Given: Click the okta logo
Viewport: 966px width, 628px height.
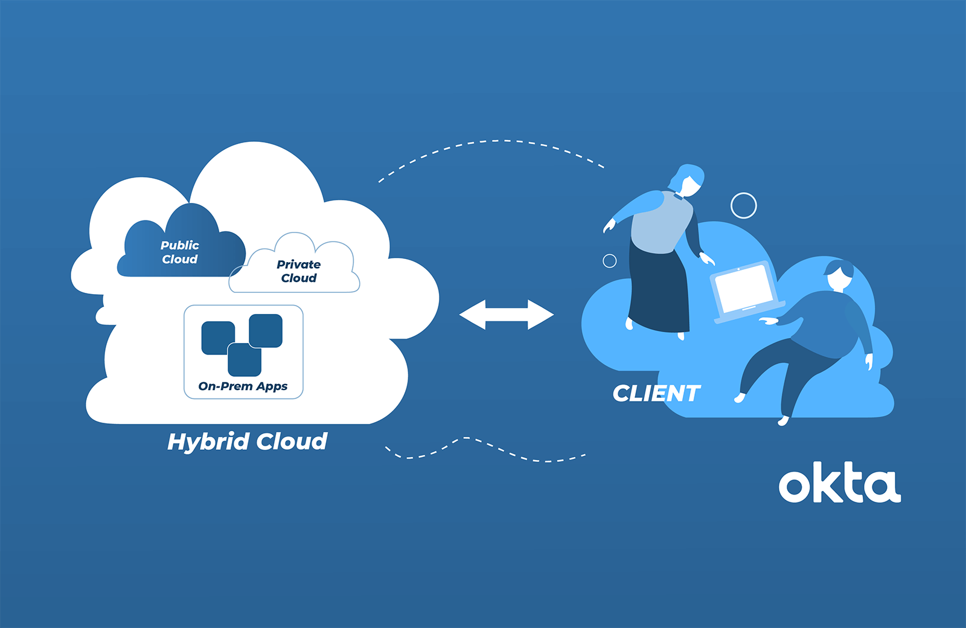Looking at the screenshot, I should [x=839, y=483].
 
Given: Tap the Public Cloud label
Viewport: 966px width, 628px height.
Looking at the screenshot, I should [x=180, y=252].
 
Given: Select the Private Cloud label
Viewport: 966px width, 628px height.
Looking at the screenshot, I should [x=299, y=271].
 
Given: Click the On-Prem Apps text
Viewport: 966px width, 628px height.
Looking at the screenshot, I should [x=243, y=386].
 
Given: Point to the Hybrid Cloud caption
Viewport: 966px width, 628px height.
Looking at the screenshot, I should [x=247, y=441].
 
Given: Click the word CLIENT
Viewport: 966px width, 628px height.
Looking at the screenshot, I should [x=656, y=394].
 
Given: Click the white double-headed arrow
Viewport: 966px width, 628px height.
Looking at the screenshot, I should [x=507, y=315].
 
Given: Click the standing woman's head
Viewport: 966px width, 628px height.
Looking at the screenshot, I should [x=687, y=179].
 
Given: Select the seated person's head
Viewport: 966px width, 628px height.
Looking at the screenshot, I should [x=839, y=275].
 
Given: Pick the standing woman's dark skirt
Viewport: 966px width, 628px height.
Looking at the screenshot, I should [x=659, y=290].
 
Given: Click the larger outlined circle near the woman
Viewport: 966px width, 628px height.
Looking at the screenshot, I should [x=743, y=206].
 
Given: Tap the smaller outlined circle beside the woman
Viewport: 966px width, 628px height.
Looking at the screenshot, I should [x=610, y=261].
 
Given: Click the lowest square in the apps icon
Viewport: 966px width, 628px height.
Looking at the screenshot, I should [x=245, y=360].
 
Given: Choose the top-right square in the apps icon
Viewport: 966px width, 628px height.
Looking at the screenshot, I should [x=266, y=330].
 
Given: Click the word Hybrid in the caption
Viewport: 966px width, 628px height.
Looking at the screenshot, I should [x=208, y=442].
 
